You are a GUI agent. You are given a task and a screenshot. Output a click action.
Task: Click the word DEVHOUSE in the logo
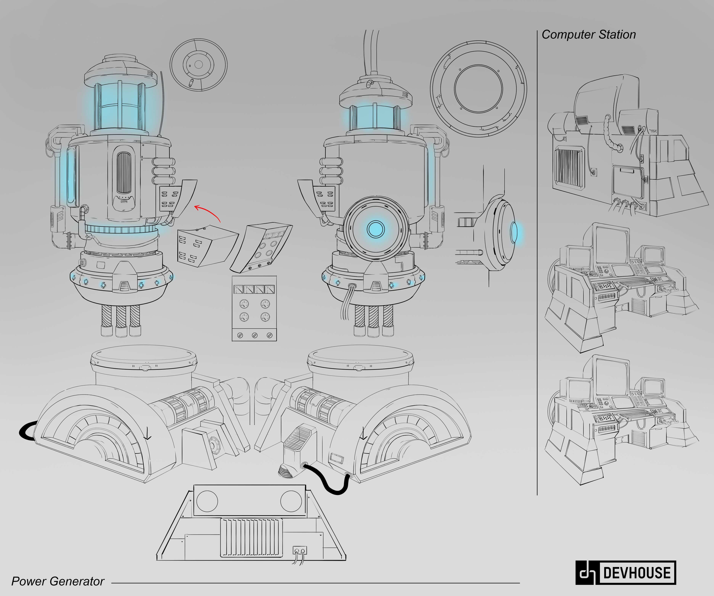(636, 573)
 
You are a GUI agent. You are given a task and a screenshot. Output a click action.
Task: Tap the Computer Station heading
(588, 35)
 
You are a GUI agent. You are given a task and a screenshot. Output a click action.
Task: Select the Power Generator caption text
(58, 581)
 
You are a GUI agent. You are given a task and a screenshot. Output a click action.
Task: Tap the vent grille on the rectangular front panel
(251, 537)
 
